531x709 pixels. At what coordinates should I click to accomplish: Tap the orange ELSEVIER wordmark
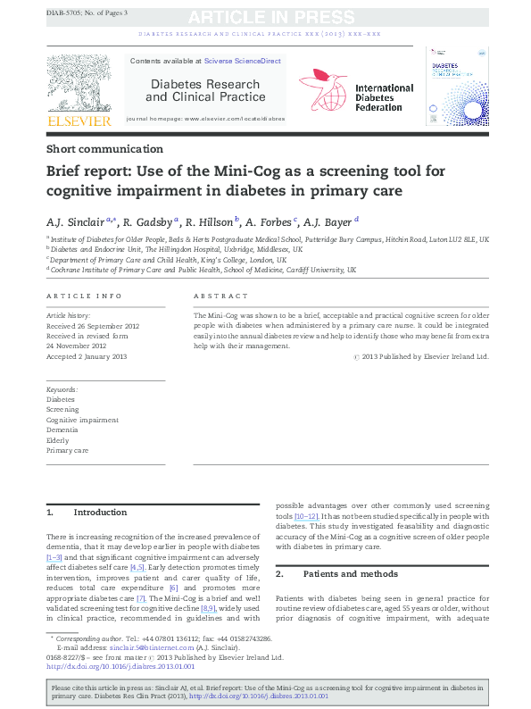click(x=79, y=121)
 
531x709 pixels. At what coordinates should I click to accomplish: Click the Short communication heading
click(x=104, y=149)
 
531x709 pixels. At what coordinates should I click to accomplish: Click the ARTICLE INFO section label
click(x=83, y=296)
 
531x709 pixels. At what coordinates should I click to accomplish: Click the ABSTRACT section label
click(x=220, y=296)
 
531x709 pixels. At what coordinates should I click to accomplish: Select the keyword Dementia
click(x=62, y=430)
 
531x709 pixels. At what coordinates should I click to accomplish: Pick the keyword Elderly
click(x=58, y=440)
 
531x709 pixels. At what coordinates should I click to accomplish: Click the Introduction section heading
click(x=100, y=513)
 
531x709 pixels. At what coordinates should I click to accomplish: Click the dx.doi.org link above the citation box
click(x=120, y=666)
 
